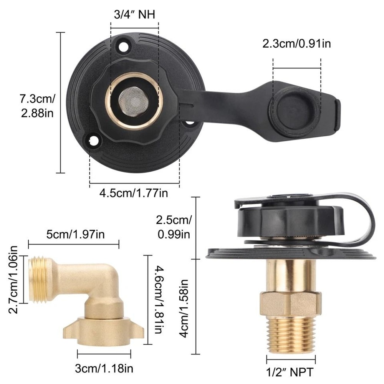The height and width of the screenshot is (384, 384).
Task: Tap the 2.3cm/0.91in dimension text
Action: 296,43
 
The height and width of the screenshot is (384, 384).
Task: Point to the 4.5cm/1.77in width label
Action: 134,193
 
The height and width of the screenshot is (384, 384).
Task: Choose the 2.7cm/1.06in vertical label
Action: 14,279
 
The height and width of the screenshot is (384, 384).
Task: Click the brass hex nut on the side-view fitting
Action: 291,303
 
